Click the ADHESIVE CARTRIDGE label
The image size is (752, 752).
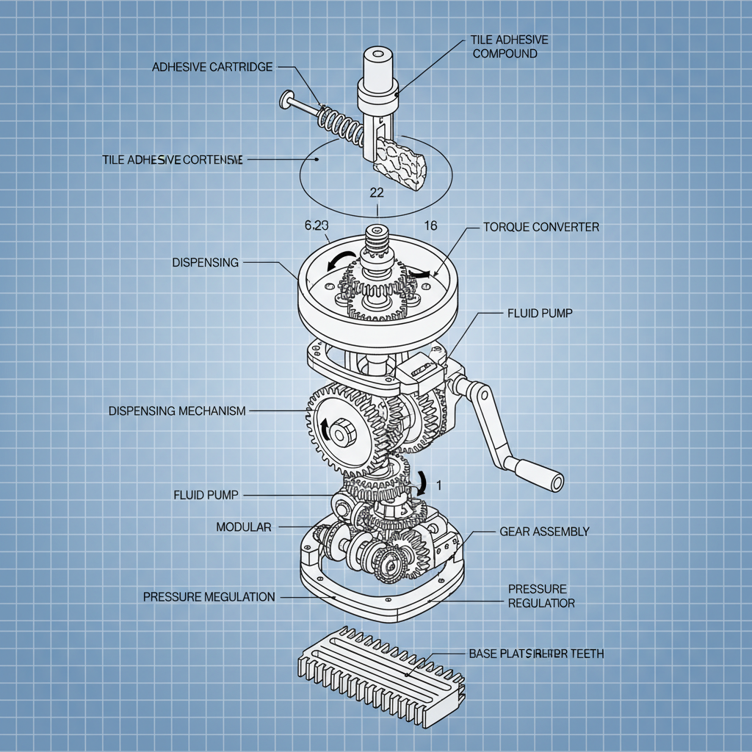[x=212, y=67]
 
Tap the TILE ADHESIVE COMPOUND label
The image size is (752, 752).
[x=509, y=47]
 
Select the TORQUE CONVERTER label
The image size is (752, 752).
[x=541, y=227]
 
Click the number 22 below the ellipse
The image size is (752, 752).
[x=376, y=193]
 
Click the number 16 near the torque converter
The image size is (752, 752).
[x=430, y=225]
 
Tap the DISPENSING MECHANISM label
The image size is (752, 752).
[x=177, y=411]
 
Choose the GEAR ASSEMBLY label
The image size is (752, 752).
[x=544, y=531]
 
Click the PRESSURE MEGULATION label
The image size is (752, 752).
[x=209, y=597]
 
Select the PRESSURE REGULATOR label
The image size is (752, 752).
[x=541, y=596]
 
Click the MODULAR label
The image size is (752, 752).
[x=244, y=527]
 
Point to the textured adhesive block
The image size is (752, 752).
[x=400, y=162]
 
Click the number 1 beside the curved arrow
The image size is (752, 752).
[x=438, y=484]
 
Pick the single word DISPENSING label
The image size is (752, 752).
[x=205, y=262]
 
